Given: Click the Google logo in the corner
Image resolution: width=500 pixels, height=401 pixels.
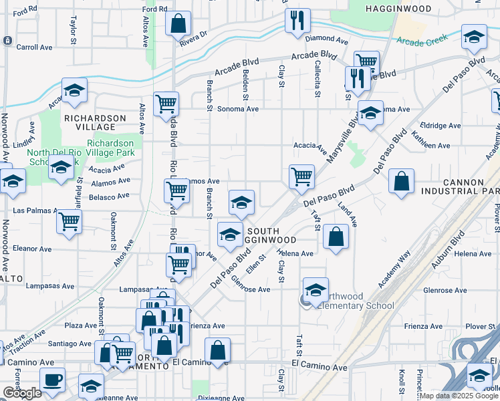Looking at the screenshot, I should coord(21,393).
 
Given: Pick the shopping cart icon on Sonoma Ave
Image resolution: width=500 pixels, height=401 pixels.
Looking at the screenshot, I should coord(166,104).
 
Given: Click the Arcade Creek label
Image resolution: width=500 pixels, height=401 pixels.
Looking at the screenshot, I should coord(419,41).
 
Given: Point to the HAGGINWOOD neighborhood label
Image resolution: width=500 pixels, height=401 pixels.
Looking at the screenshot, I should coord(398,8).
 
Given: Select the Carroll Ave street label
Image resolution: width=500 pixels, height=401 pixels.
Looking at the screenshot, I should coord(34,47).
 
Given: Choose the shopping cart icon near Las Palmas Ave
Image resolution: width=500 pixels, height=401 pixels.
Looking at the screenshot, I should coord(69,222).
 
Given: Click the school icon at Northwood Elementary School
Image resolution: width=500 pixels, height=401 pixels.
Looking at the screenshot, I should coord(316,289).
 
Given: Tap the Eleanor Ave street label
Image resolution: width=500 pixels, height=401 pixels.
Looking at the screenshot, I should coord(32,249).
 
